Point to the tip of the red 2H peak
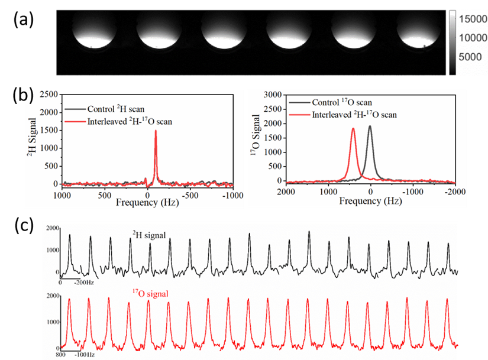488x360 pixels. (x=156, y=131)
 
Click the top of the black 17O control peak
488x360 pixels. (x=370, y=126)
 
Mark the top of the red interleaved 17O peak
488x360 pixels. (x=353, y=128)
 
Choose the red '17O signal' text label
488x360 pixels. (x=150, y=293)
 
